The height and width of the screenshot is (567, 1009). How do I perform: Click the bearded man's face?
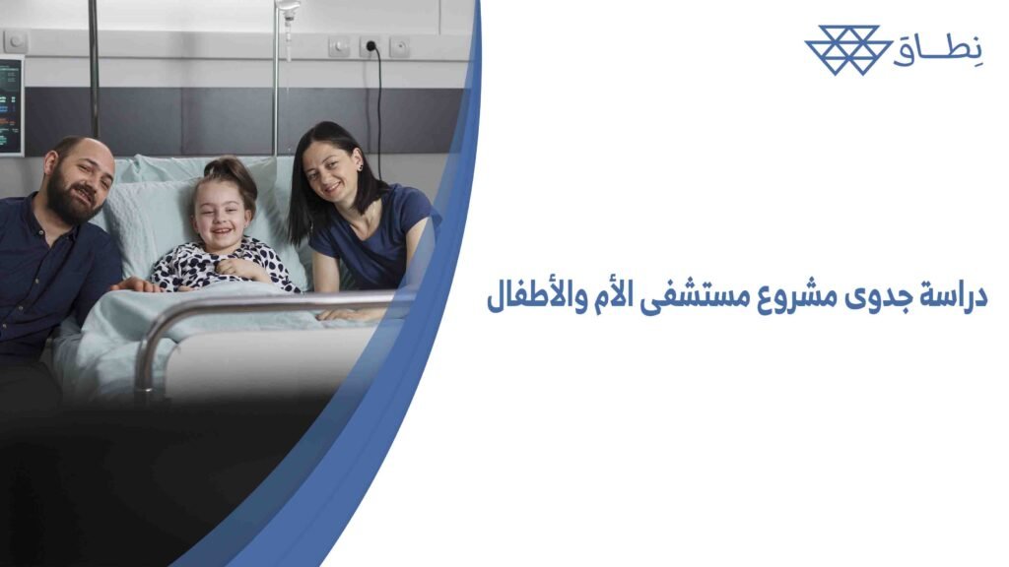point(78,180)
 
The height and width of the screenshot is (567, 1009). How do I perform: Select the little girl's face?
point(218,219)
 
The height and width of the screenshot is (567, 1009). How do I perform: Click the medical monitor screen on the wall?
point(10,104)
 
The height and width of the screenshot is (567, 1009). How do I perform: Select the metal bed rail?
point(266,304)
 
